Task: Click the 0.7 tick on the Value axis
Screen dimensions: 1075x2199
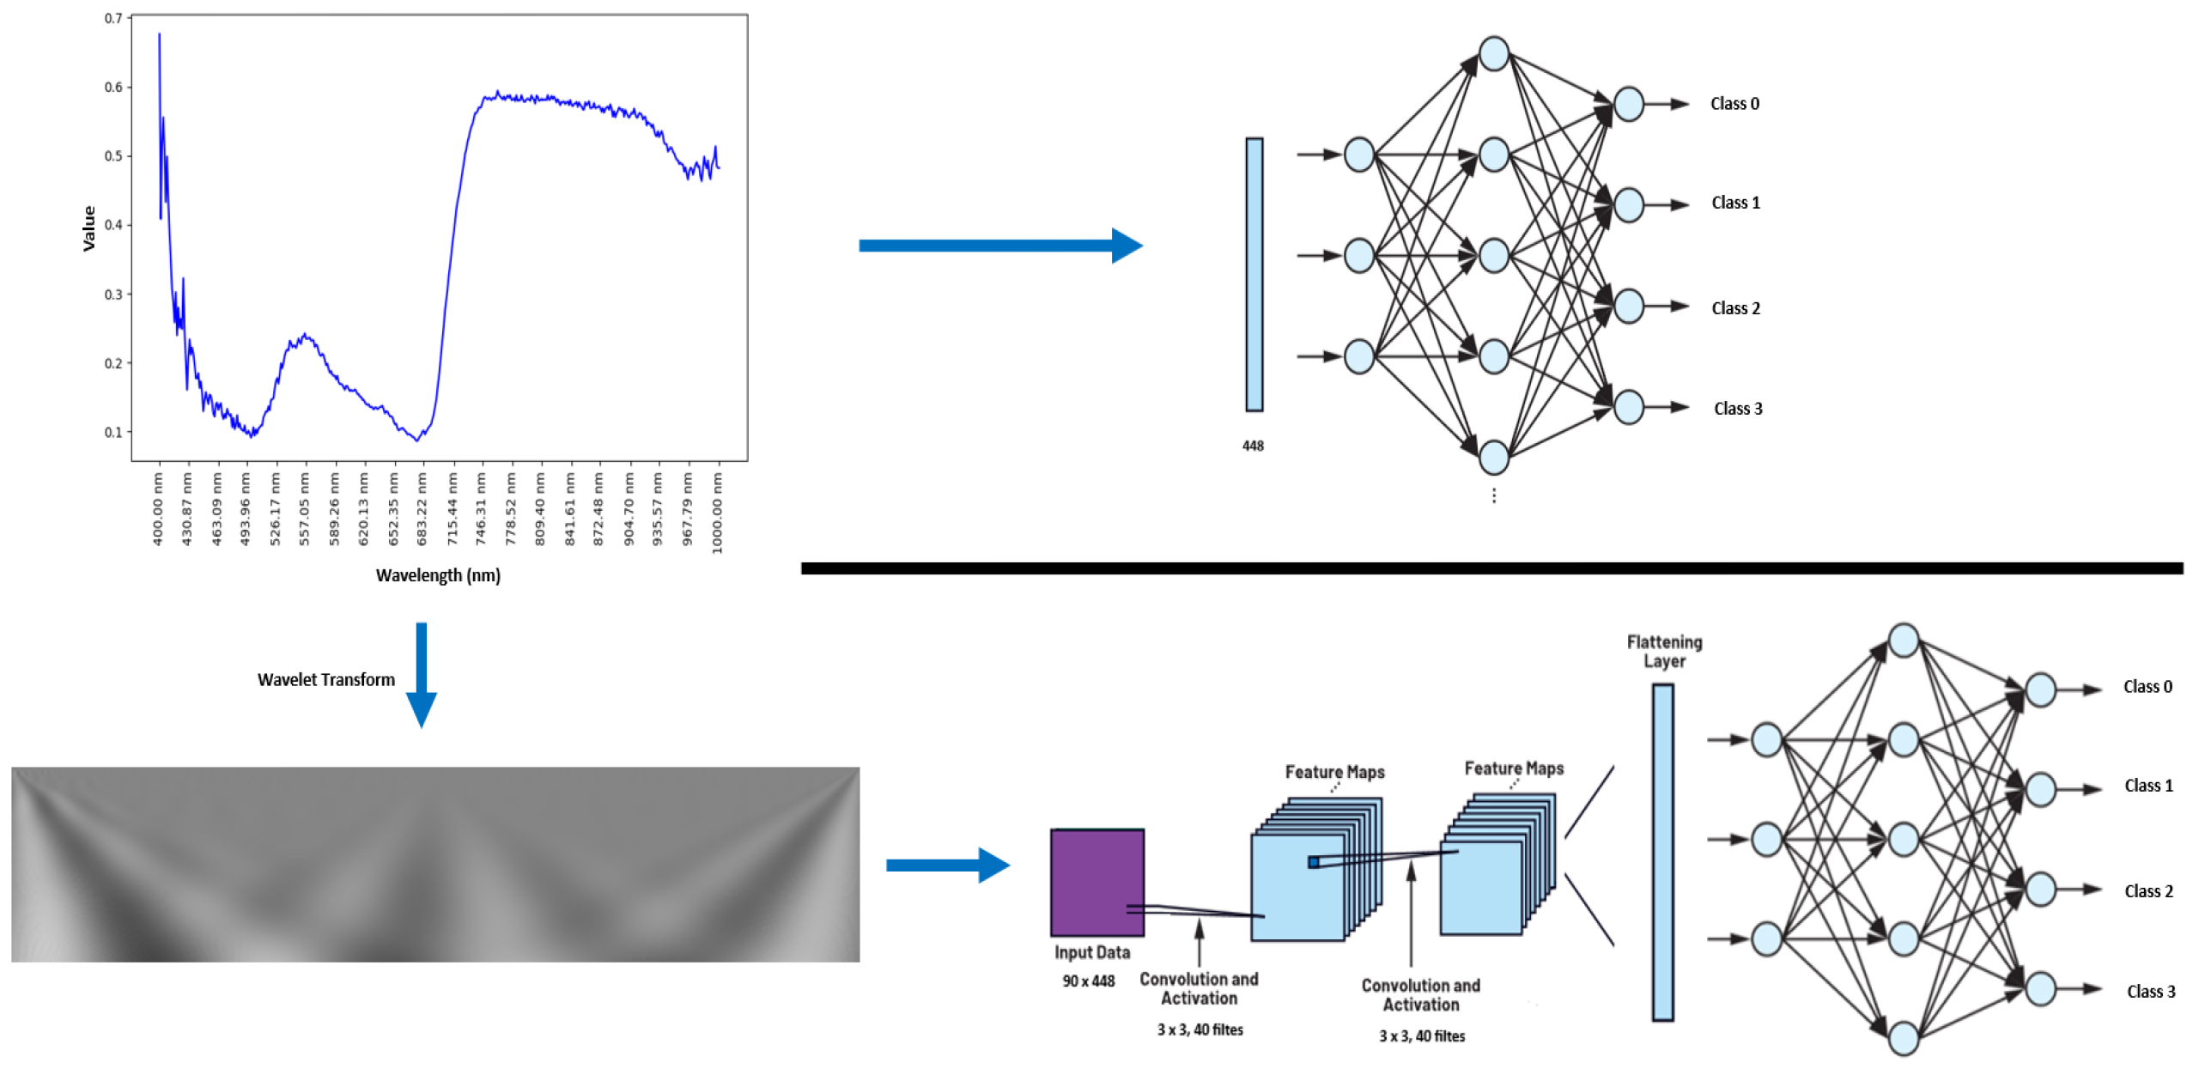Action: (x=113, y=18)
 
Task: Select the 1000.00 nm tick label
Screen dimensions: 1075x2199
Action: (x=718, y=513)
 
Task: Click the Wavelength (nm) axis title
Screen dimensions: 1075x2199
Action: (x=438, y=575)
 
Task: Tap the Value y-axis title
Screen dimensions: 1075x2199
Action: (x=88, y=228)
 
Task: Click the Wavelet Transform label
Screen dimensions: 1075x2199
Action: (x=326, y=679)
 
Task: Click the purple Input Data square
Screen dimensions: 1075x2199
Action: (x=1096, y=882)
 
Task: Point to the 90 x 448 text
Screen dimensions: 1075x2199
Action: (x=1088, y=981)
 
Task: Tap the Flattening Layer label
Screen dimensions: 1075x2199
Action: (x=1663, y=651)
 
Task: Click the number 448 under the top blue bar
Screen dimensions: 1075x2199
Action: (x=1253, y=446)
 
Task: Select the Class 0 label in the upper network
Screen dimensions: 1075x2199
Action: (x=1734, y=104)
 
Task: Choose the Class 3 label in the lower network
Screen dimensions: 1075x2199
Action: (x=2150, y=992)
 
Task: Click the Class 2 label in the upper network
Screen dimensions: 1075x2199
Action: (x=1735, y=308)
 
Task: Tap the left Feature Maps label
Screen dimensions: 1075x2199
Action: (x=1334, y=772)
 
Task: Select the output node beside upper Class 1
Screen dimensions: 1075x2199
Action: (x=1628, y=205)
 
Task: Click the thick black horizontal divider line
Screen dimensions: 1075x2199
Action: (x=1491, y=568)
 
